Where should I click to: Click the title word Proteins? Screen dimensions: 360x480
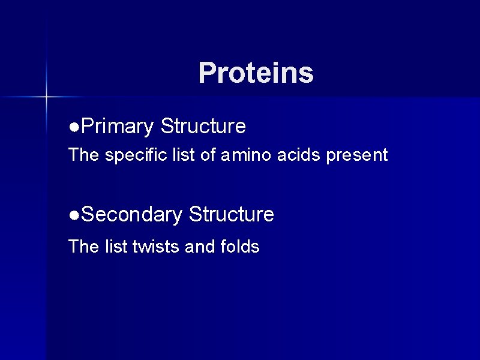256,73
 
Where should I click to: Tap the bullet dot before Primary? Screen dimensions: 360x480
73,127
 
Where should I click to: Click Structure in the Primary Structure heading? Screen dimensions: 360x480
203,127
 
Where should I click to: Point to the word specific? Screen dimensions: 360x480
132,155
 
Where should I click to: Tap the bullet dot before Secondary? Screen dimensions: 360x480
73,215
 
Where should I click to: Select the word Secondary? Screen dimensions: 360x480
131,214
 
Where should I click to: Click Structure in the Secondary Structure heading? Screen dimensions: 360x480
232,214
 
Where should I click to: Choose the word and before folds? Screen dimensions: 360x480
196,247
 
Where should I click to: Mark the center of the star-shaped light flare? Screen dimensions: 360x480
46,96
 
